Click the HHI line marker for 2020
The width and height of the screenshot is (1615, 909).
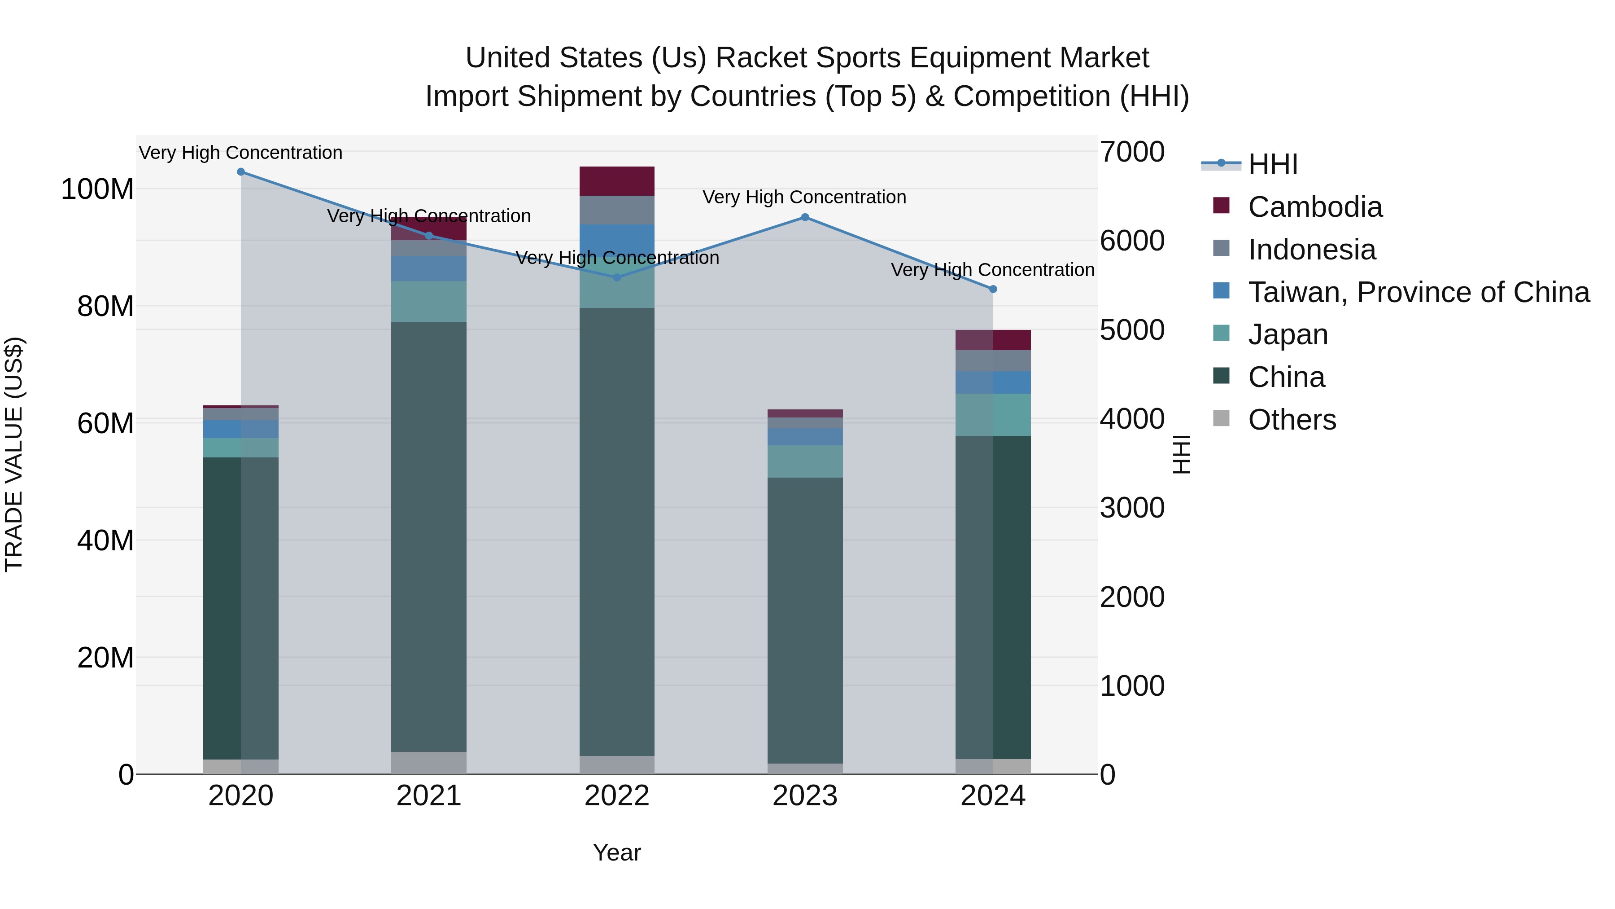click(241, 172)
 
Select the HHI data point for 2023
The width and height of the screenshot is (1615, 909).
click(805, 218)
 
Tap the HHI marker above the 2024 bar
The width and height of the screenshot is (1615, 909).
click(993, 289)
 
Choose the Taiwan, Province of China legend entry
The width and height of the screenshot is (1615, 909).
click(1418, 292)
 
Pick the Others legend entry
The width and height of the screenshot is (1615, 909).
click(1292, 420)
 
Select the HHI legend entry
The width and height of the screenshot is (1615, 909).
click(1272, 164)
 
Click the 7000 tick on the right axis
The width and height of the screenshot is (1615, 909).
click(1132, 152)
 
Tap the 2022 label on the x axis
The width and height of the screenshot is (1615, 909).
click(617, 796)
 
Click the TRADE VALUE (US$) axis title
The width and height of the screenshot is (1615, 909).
click(14, 454)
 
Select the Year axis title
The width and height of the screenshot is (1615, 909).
click(617, 852)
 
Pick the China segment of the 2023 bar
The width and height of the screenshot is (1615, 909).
click(805, 621)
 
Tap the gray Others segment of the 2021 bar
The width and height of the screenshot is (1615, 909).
click(429, 763)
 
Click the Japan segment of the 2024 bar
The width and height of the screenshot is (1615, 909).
click(993, 415)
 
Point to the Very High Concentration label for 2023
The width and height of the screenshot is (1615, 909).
click(804, 197)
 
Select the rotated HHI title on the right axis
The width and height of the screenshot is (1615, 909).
click(1181, 454)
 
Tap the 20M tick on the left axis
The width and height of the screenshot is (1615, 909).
click(105, 658)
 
